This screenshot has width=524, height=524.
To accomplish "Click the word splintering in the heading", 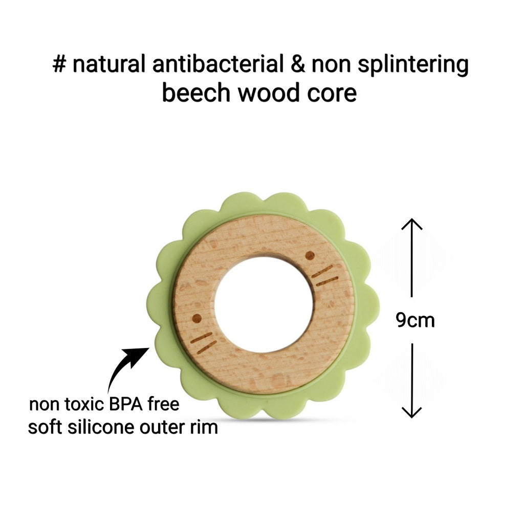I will pyautogui.click(x=418, y=67).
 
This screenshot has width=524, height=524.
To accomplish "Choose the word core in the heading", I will pyautogui.click(x=334, y=94).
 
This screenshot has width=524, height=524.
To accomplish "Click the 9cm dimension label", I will pyautogui.click(x=415, y=320).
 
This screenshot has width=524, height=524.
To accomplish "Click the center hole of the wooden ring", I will pyautogui.click(x=263, y=305).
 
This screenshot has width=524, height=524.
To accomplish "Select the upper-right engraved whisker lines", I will pyautogui.click(x=324, y=275).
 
